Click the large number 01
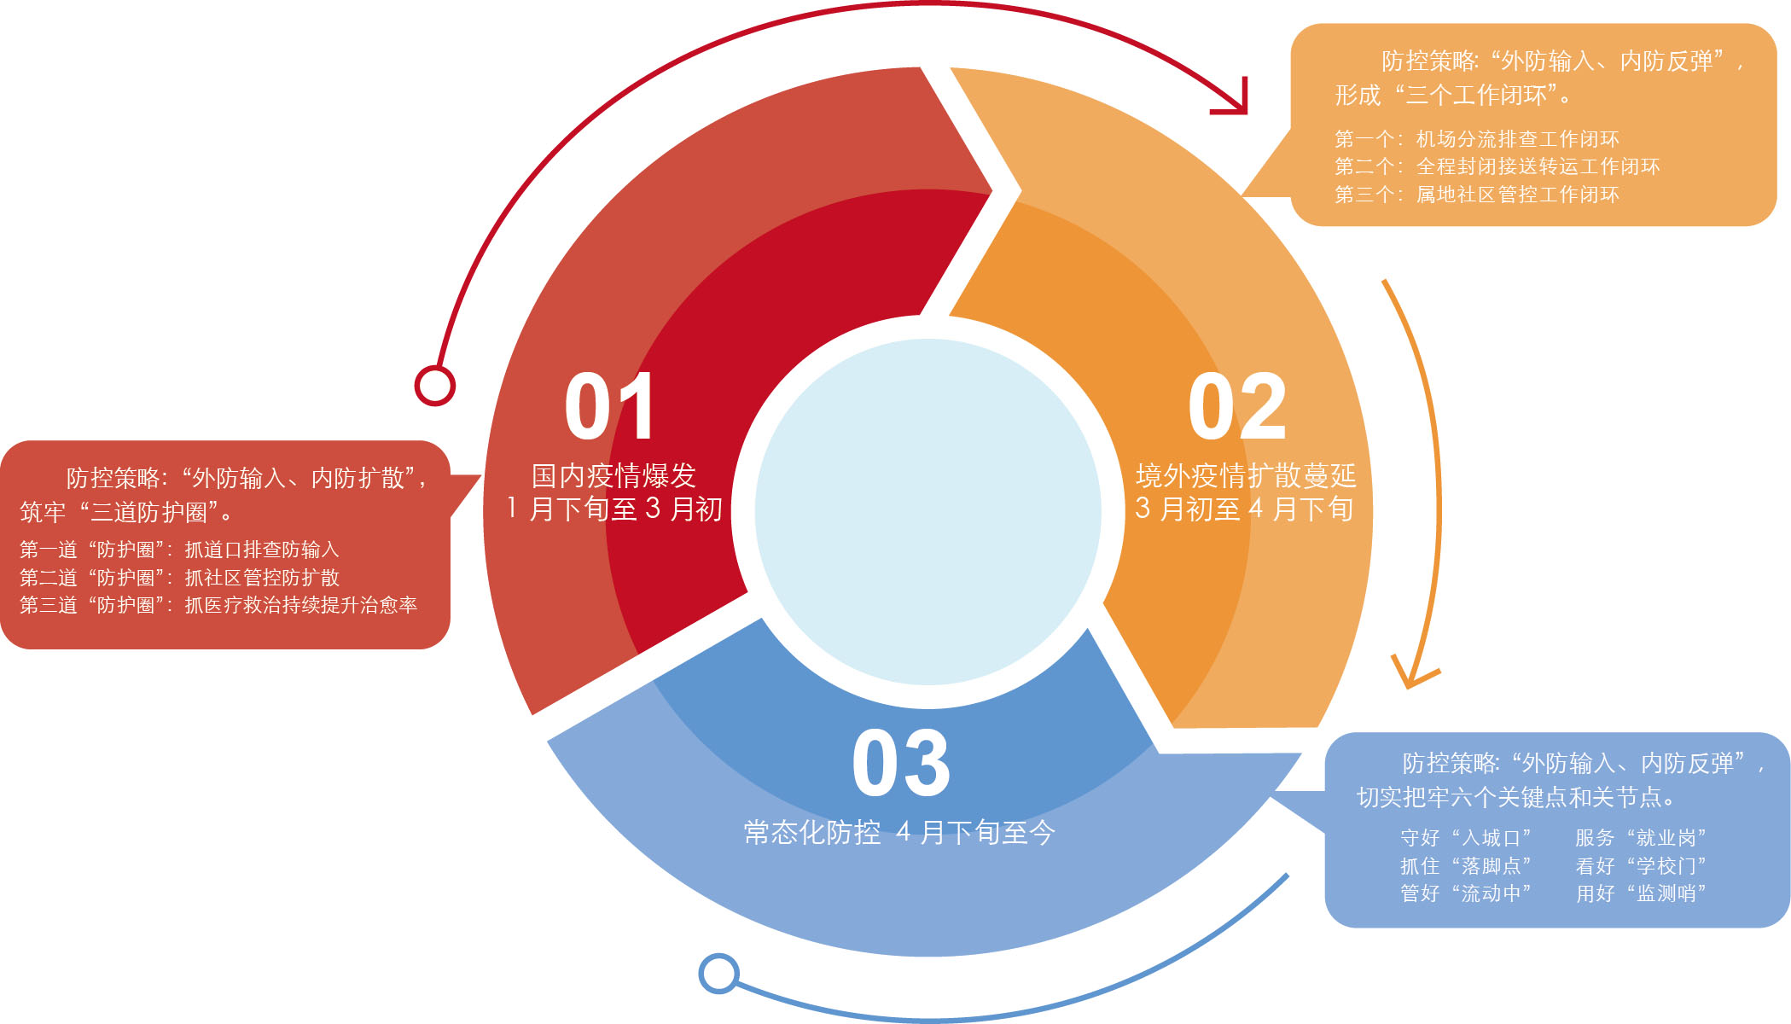(609, 408)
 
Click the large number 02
(1236, 408)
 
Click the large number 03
(901, 764)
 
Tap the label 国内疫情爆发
(613, 475)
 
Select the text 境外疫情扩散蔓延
(1245, 475)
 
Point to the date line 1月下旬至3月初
(613, 509)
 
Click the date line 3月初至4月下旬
(1244, 509)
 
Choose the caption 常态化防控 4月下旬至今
(899, 832)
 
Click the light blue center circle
(928, 512)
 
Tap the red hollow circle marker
(435, 386)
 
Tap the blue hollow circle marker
(718, 973)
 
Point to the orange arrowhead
(1412, 674)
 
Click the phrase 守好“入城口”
(1465, 838)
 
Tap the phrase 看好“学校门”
(1640, 866)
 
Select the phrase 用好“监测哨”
(1640, 893)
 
